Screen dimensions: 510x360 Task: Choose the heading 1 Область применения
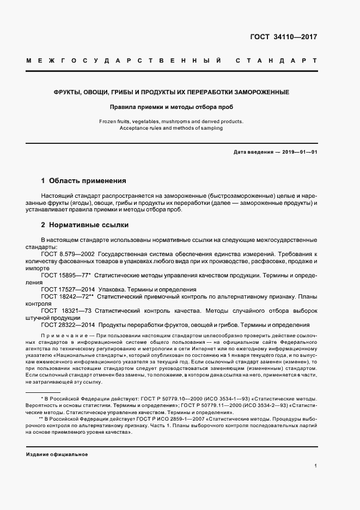click(83, 180)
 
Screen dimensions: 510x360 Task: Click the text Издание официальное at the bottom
click(57, 454)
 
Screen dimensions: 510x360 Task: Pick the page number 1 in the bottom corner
click(315, 466)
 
